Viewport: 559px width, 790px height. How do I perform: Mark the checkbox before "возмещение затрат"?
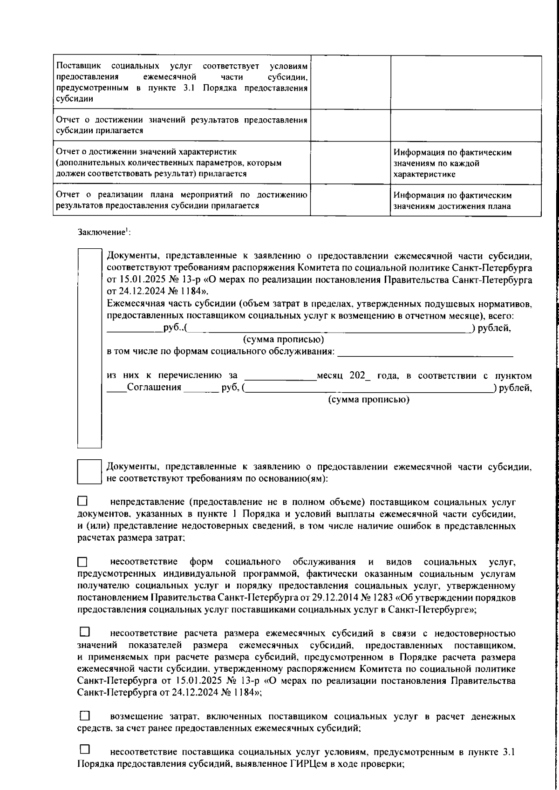[x=84, y=715]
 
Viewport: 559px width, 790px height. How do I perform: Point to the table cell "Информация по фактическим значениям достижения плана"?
[x=465, y=201]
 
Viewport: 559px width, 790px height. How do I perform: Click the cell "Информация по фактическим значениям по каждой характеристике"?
[x=465, y=163]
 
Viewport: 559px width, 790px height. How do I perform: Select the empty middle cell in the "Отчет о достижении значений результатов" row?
[x=350, y=125]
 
